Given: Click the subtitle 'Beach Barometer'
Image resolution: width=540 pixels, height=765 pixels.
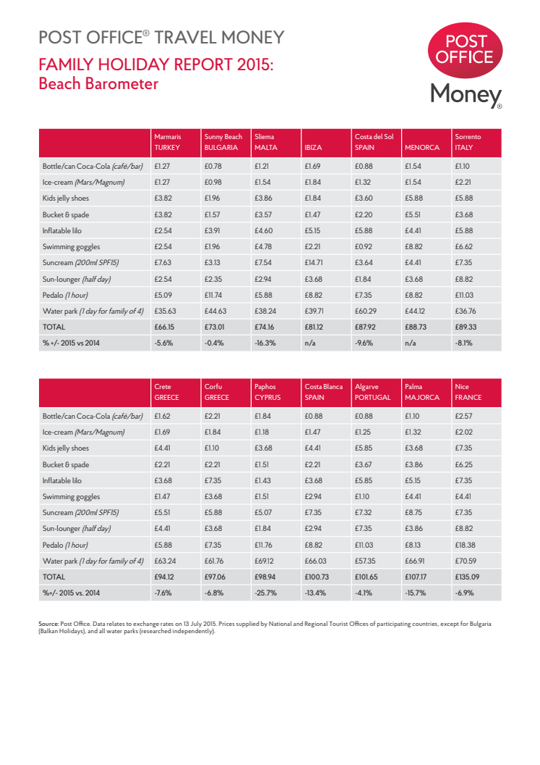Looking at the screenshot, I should (x=98, y=84).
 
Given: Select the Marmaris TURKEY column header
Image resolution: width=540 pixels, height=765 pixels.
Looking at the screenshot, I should (x=167, y=141).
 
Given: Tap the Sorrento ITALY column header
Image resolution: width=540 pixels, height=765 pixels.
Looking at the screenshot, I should (x=467, y=141).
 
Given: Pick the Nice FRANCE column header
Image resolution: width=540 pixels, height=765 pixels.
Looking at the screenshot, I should (x=467, y=392).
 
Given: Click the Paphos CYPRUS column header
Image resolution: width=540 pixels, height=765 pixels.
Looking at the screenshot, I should (x=267, y=392).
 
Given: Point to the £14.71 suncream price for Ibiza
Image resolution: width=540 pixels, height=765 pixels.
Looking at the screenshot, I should (x=315, y=262).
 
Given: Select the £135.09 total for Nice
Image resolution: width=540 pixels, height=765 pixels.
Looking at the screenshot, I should (x=467, y=577).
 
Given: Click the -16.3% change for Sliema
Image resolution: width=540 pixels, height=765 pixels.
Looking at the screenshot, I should (x=266, y=343).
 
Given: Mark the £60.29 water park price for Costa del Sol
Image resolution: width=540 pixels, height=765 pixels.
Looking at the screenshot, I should (x=366, y=311).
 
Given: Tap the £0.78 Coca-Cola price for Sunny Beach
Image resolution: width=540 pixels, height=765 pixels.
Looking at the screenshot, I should (x=213, y=166).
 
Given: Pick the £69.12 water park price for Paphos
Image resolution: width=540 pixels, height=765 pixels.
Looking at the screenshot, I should (x=265, y=561).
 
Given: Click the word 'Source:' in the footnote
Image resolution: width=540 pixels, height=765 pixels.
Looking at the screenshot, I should (x=48, y=623).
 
